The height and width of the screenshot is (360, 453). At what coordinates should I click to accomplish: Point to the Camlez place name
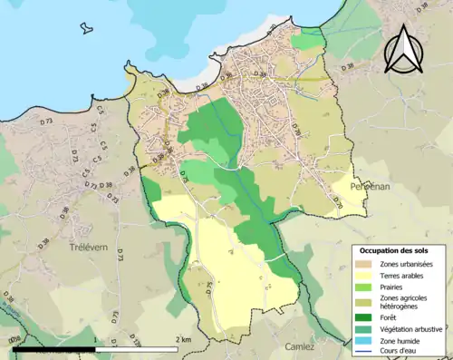coord(298,346)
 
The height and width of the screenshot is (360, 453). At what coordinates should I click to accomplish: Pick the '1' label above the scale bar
coord(94,340)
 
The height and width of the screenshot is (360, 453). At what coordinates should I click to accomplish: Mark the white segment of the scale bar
coord(136,348)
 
